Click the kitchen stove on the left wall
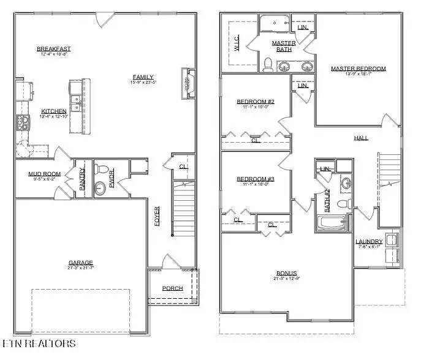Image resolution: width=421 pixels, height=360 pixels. coord(23,122)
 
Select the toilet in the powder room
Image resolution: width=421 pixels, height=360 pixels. coord(102,169)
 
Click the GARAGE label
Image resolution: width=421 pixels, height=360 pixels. coord(80,263)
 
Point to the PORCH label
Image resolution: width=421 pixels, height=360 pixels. coord(172,288)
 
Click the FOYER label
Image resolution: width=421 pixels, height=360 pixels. coord(157,216)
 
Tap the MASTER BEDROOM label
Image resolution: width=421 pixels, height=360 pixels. coord(358,69)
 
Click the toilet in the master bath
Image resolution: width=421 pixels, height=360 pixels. coord(267,63)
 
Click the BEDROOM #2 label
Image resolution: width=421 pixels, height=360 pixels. coord(255,102)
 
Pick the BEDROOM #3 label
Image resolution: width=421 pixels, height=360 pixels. coord(255,179)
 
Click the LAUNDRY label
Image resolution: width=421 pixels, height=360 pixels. coord(369,242)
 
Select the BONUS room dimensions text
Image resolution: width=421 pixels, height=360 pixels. coord(286,279)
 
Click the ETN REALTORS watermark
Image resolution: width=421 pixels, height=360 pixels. coord(39,344)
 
